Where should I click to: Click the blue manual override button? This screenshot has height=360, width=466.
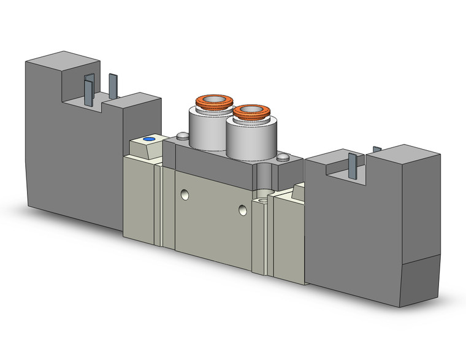[148, 140]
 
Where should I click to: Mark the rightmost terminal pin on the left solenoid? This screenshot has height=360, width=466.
[112, 85]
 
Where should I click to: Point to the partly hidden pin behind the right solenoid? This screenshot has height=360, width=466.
[376, 148]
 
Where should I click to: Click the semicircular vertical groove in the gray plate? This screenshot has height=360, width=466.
[263, 175]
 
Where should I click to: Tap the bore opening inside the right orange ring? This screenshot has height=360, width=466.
[250, 111]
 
